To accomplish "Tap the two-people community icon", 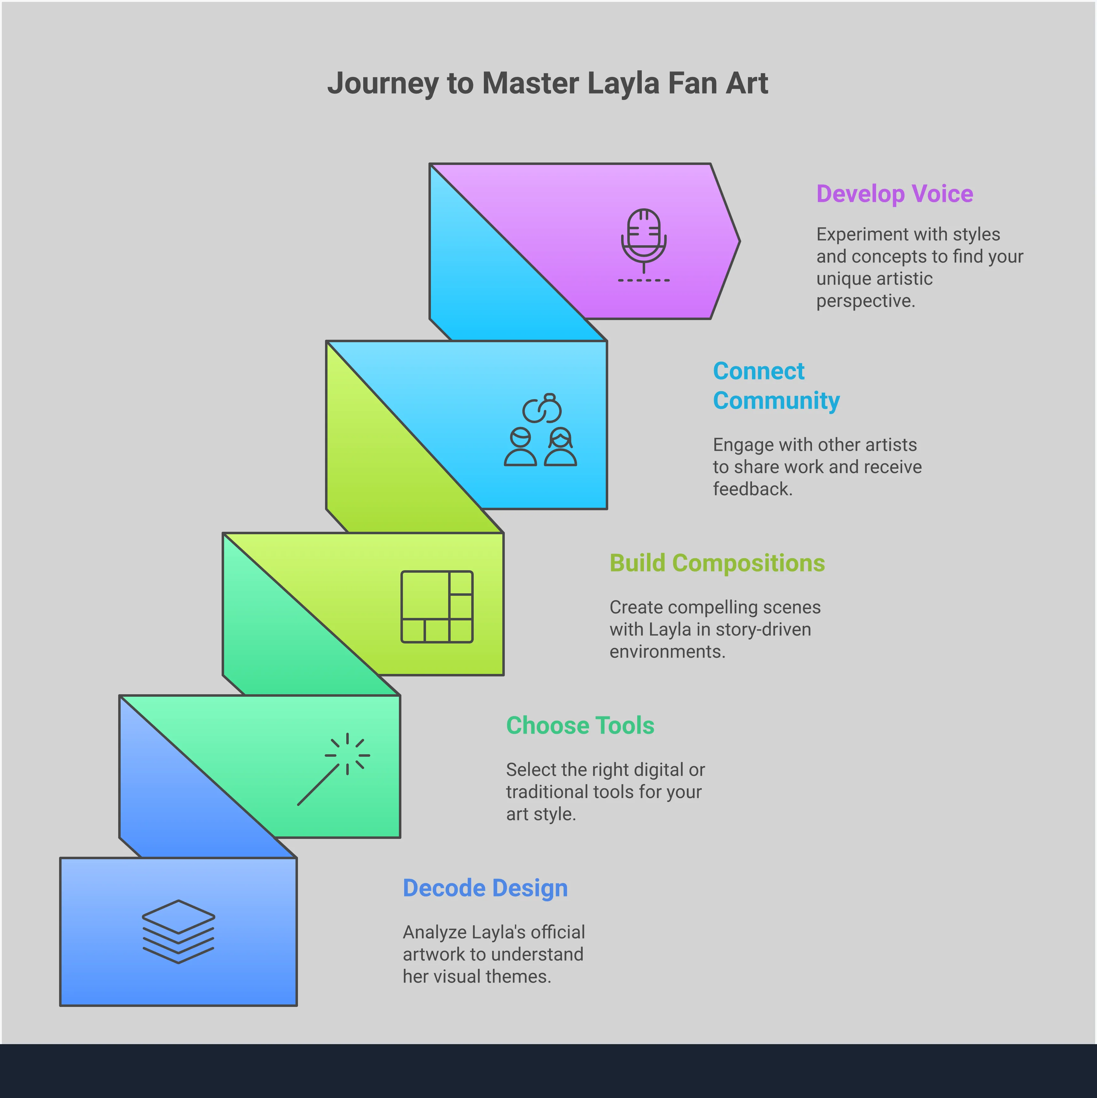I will (x=540, y=430).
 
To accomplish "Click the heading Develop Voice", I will (x=894, y=194).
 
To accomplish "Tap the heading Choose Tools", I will (x=580, y=725).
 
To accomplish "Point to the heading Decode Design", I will (x=485, y=888).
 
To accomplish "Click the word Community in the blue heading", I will (x=776, y=401).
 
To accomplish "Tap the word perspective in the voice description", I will (x=865, y=301).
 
